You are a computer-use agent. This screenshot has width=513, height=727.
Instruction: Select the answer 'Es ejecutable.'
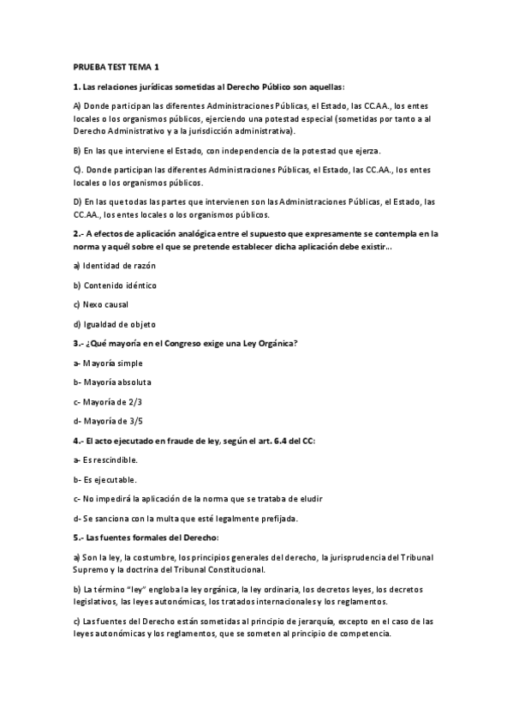pos(105,478)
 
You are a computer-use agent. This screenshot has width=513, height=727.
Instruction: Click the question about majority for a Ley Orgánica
pos(185,343)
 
